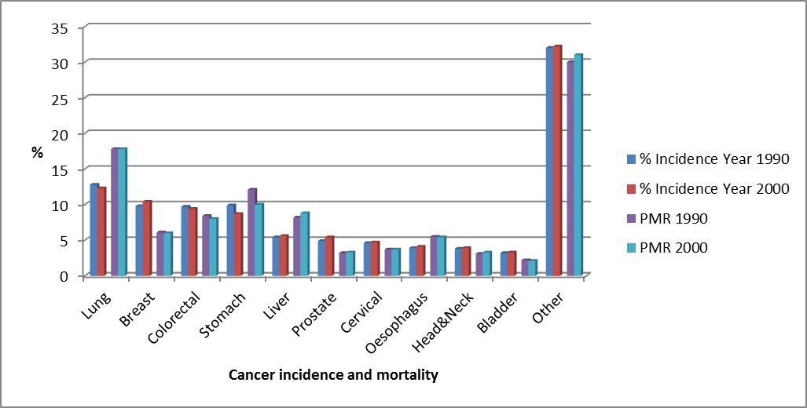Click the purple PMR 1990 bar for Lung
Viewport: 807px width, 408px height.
(x=115, y=212)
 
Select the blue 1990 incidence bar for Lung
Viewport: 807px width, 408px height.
(x=94, y=230)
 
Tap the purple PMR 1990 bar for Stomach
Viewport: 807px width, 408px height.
(x=251, y=232)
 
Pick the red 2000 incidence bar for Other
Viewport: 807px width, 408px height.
(x=557, y=161)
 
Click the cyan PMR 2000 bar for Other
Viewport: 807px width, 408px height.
(x=578, y=165)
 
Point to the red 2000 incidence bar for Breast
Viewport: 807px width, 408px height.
(x=147, y=239)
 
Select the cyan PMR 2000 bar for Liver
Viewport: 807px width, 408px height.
(x=305, y=244)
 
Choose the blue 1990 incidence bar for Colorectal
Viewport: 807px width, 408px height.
(x=185, y=241)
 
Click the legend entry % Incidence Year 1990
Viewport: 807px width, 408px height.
(x=707, y=159)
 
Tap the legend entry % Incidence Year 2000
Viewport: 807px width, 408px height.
(x=707, y=188)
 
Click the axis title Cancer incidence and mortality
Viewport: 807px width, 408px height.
(x=333, y=375)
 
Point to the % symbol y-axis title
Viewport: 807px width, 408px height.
(x=37, y=153)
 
